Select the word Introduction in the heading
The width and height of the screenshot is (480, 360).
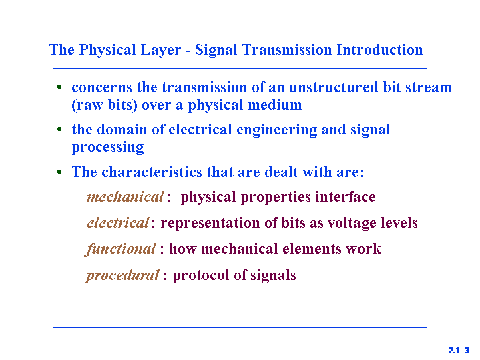point(379,49)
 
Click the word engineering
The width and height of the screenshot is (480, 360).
point(277,130)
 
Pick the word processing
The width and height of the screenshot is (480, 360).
point(107,148)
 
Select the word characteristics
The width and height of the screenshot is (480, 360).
point(152,172)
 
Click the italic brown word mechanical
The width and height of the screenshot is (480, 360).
point(126,197)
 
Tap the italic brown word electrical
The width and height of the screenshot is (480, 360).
point(118,222)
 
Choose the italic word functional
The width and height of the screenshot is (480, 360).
point(120,249)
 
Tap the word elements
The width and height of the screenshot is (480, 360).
point(311,248)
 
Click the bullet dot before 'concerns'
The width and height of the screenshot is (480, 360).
point(59,87)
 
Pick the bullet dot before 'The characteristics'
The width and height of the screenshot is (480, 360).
point(59,172)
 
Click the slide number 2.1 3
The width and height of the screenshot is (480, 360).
point(459,350)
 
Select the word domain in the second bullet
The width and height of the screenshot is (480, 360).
point(122,130)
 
